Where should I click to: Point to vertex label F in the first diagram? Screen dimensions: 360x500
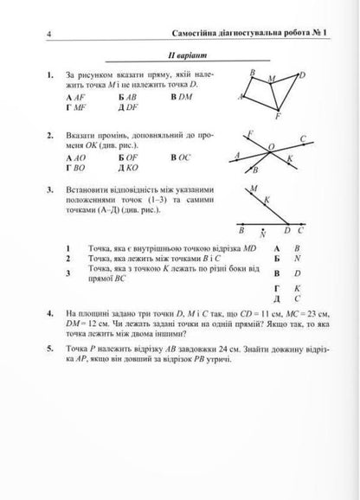pyautogui.click(x=277, y=117)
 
